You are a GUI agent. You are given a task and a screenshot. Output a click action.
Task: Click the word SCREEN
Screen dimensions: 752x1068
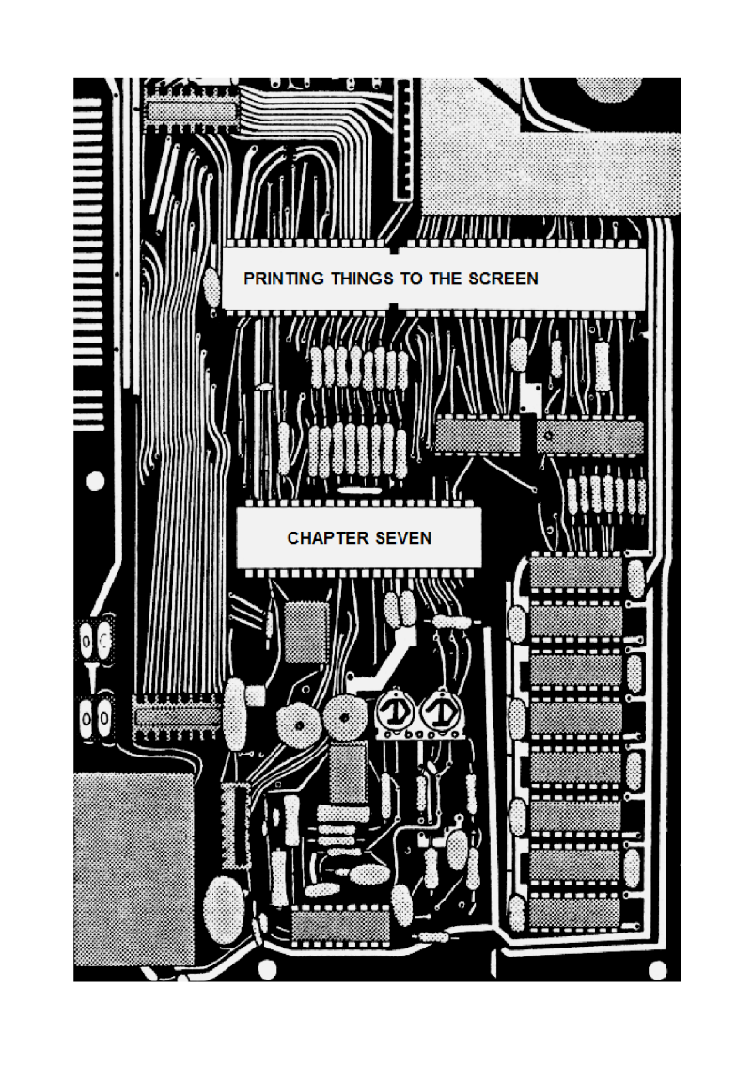(504, 279)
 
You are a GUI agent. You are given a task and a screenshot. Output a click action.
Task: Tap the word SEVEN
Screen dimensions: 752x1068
(403, 538)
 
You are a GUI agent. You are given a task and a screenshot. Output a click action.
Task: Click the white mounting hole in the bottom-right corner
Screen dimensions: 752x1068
(657, 969)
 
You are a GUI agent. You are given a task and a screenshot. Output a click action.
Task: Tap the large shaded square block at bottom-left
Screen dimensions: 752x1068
(133, 869)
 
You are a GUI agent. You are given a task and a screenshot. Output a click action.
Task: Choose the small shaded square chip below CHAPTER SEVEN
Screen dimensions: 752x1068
(306, 632)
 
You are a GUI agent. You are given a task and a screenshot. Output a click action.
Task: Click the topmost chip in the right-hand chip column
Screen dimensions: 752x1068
(575, 572)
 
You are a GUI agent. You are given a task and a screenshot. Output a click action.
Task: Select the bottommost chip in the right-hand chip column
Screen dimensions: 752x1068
(575, 913)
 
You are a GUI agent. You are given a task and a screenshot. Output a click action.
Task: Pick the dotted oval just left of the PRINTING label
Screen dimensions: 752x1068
(212, 285)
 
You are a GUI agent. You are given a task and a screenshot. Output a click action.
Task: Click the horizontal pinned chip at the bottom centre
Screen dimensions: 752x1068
(340, 926)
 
